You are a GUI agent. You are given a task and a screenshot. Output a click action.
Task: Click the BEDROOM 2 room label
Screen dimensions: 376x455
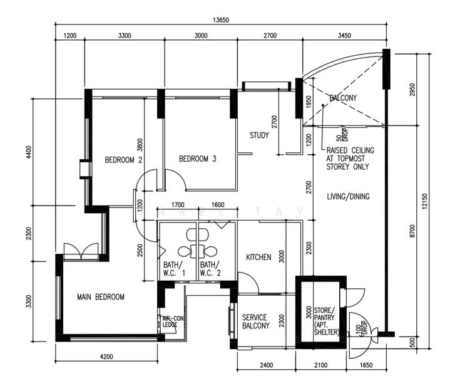124,160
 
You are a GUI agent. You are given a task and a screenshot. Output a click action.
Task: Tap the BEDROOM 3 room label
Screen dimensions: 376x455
197,159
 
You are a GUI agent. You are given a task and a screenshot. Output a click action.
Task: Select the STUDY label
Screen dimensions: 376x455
259,135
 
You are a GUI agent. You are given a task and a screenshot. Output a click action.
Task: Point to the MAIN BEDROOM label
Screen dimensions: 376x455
100,296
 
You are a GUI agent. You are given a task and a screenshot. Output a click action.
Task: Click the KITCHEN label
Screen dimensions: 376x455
258,258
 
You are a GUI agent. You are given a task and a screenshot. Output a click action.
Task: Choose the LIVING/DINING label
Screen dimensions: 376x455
348,197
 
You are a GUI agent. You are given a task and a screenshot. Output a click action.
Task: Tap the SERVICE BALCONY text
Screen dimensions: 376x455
256,321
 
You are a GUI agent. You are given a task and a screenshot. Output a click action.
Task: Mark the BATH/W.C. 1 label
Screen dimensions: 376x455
175,268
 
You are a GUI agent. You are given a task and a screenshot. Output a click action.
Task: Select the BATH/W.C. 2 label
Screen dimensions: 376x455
210,268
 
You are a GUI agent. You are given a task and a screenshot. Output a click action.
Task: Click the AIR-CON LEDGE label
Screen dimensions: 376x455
170,321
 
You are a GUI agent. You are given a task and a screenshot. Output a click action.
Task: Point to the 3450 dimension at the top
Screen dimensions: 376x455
344,36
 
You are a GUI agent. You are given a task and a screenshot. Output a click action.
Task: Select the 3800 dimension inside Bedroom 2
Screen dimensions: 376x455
141,146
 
